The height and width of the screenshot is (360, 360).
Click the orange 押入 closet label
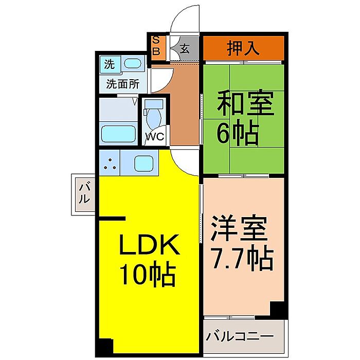(x=243, y=48)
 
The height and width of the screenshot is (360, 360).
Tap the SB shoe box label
(x=156, y=46)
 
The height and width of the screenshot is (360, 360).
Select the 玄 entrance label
(x=185, y=49)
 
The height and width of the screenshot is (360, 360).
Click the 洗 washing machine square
(x=110, y=64)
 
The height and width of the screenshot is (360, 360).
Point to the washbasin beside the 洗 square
(x=132, y=63)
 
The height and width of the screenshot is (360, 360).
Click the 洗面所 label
(x=122, y=84)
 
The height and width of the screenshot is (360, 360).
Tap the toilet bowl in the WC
(x=153, y=118)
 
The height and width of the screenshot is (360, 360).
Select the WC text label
(x=155, y=137)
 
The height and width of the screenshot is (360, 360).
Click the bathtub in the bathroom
(x=118, y=135)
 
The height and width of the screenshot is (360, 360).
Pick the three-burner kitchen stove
(x=109, y=163)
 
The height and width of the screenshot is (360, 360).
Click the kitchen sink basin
(x=143, y=163)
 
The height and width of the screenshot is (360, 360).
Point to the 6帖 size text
(x=238, y=132)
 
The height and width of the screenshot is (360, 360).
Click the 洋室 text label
(x=239, y=227)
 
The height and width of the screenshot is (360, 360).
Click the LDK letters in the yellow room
(x=149, y=244)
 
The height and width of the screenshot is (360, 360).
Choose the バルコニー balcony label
(x=240, y=336)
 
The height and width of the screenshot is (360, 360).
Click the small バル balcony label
(x=84, y=192)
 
